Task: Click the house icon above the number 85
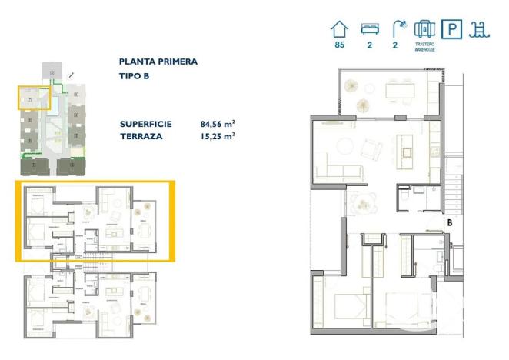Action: tap(339, 29)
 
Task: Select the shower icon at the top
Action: tap(396, 29)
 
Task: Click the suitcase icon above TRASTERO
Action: tap(424, 29)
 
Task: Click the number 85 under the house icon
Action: tap(339, 46)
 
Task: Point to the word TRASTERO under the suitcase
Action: tap(424, 45)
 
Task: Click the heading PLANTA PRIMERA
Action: tap(158, 62)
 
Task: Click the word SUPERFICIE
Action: tap(146, 123)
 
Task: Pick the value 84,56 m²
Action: tap(217, 123)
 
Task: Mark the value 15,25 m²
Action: tap(217, 136)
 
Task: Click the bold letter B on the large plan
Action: tap(448, 223)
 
